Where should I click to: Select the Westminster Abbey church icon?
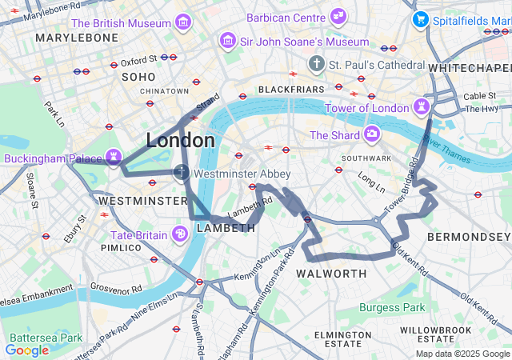182,172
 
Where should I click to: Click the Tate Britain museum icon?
180,234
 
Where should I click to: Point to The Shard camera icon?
371,134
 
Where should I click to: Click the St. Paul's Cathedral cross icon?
317,63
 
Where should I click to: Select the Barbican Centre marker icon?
339,15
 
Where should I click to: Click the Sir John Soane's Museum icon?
228,39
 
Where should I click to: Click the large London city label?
180,141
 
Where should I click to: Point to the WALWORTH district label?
331,274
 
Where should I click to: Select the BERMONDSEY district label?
468,238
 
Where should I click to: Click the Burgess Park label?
392,307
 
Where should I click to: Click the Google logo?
26,350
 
